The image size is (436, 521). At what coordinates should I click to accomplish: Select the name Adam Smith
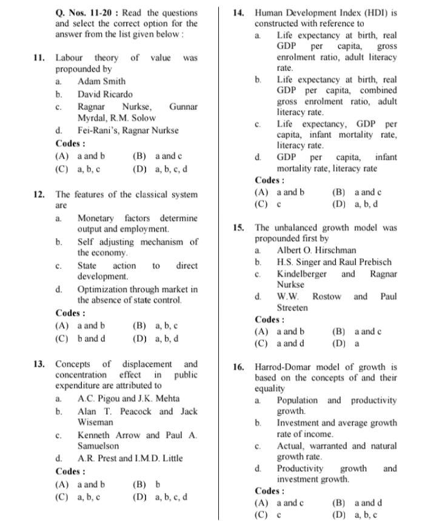(101, 81)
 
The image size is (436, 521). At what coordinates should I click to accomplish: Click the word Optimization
(104, 289)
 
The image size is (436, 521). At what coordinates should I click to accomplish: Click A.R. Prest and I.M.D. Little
(130, 458)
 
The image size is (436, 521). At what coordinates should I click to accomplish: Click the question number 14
(240, 13)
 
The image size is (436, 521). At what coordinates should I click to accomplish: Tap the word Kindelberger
(301, 273)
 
